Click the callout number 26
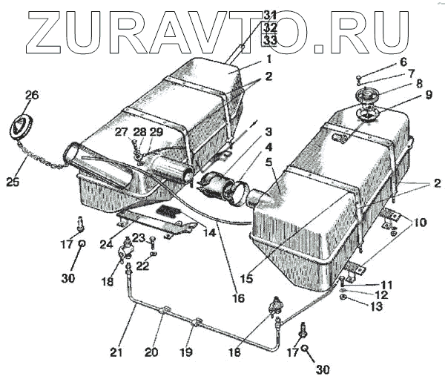pyautogui.click(x=32, y=95)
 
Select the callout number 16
pyautogui.click(x=238, y=299)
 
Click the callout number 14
pyautogui.click(x=210, y=232)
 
